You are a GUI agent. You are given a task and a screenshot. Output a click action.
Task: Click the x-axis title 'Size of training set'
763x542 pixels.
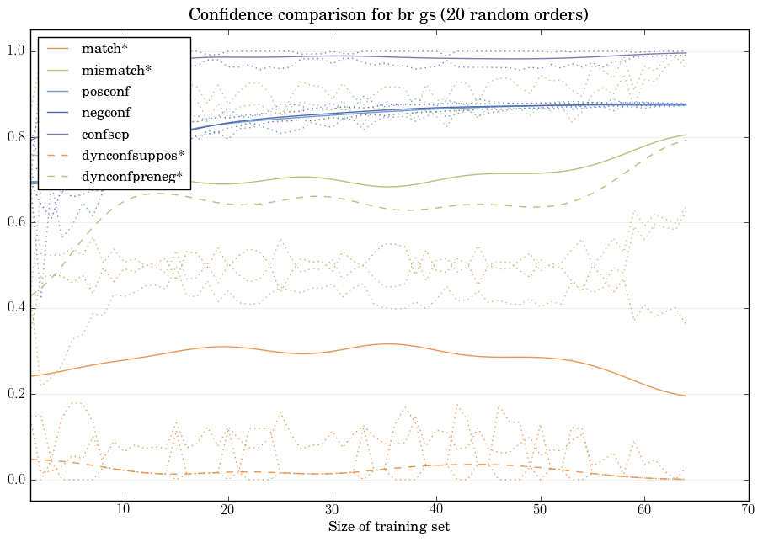pos(388,527)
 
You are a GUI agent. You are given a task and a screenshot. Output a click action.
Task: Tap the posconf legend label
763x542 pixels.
pos(106,91)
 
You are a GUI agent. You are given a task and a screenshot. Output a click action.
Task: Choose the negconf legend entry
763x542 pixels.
pos(106,112)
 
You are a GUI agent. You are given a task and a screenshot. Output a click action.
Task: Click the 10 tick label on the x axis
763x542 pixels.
pos(124,510)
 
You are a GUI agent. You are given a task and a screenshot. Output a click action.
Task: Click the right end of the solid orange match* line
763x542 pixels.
pos(686,396)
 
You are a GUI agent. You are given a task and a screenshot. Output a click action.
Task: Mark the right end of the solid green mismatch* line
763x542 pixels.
pos(686,135)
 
